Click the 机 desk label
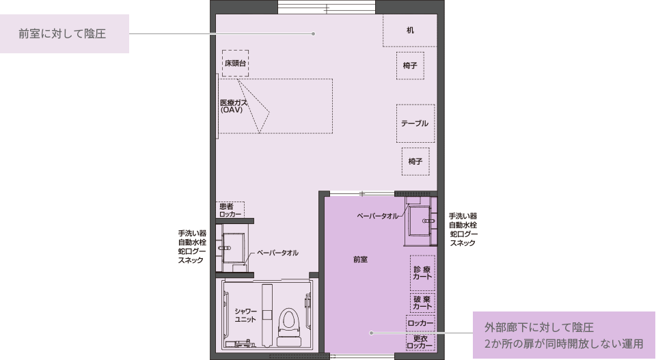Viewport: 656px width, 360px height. click(410, 30)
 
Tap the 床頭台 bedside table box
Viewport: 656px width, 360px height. click(235, 63)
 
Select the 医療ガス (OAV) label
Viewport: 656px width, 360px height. click(234, 106)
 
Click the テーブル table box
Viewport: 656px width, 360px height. click(415, 124)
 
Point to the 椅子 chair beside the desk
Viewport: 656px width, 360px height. click(410, 66)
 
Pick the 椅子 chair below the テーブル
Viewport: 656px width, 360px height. click(415, 161)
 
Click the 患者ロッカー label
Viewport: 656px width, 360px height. click(230, 210)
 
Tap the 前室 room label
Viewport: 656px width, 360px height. click(360, 260)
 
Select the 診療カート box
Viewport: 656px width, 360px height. click(422, 273)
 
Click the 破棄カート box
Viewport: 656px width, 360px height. click(422, 303)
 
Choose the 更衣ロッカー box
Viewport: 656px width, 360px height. click(420, 342)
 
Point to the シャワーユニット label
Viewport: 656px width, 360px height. click(245, 316)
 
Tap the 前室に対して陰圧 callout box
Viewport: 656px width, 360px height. click(64, 34)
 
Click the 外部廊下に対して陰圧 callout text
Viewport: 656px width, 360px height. click(539, 327)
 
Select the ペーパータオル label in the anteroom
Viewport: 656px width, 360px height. click(377, 216)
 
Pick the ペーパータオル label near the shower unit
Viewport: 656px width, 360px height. click(277, 253)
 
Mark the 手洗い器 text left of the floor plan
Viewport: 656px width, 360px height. click(192, 234)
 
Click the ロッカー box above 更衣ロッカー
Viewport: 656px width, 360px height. click(420, 323)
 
